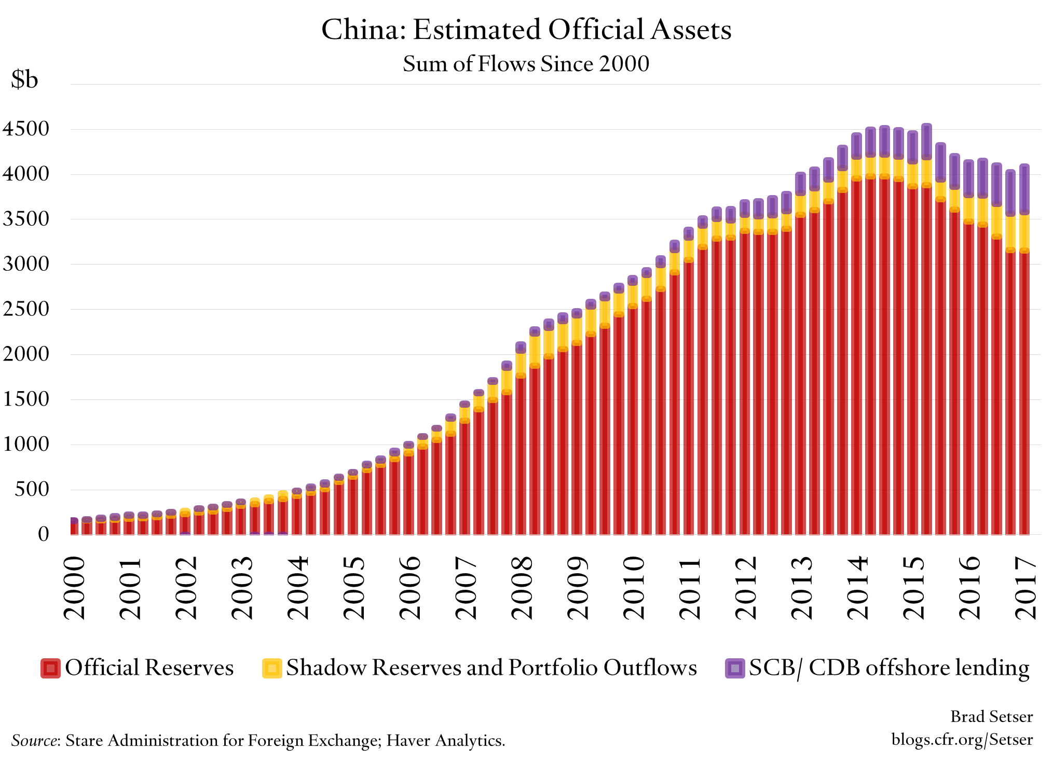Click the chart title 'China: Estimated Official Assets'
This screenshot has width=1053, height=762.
tap(526, 30)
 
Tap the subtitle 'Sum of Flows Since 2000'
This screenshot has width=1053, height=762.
tap(526, 64)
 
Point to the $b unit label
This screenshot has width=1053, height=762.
tap(24, 79)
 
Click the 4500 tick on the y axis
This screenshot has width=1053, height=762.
tap(25, 129)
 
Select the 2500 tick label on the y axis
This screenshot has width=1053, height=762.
tap(25, 309)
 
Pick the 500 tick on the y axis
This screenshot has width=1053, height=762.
tap(32, 489)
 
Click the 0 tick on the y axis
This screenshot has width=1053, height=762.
tap(44, 534)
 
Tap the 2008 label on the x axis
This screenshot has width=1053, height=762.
tap(522, 587)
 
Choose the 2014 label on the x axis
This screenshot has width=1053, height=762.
tap(857, 587)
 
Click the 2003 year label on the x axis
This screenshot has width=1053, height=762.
tap(242, 587)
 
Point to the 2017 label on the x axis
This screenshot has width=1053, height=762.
tap(1025, 587)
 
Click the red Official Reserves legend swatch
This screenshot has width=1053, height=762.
tap(50, 668)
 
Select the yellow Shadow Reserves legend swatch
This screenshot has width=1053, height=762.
tap(272, 668)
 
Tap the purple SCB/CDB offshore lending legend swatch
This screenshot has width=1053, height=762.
tap(734, 668)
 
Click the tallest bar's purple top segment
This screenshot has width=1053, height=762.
tap(926, 141)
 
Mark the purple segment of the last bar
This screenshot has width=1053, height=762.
tap(1024, 188)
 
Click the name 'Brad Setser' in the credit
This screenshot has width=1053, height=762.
tap(991, 716)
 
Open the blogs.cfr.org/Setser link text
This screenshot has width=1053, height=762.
tap(962, 739)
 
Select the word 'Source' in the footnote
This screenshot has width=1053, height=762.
tap(34, 740)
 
